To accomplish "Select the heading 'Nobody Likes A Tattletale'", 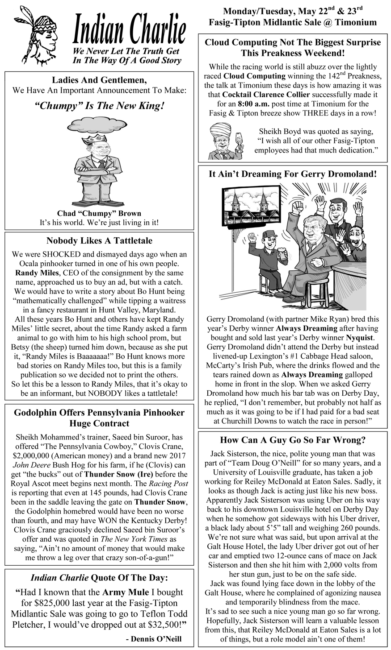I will tap(99, 241).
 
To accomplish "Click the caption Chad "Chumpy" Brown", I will tap(99, 213).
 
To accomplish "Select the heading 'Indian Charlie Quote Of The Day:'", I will tap(99, 578).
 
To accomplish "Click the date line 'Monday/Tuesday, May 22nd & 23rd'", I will tap(293, 11).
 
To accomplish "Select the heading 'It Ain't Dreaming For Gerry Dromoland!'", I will tap(293, 174).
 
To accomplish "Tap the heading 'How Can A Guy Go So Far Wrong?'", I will tap(293, 440).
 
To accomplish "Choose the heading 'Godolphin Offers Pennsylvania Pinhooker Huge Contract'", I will tap(99, 418).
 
